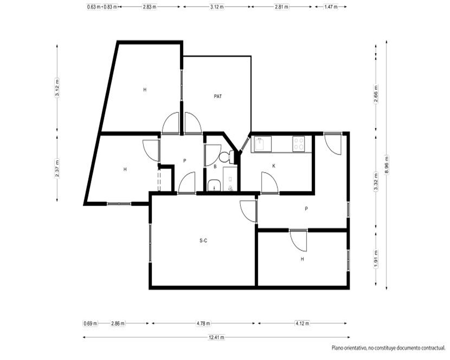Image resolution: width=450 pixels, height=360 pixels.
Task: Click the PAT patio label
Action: pos(218,96)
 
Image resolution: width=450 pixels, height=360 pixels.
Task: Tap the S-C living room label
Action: pos(203,241)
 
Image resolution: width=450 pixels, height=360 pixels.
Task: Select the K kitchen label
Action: pos(274,166)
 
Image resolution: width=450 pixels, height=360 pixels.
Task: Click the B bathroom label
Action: pos(215,166)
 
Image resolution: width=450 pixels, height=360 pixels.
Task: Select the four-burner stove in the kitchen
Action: pos(299,144)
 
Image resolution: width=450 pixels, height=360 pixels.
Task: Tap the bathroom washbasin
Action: pos(214,185)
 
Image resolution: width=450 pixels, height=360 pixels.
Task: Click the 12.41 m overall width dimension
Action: pos(217,337)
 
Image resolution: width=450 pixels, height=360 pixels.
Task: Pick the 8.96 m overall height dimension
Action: pos(387,165)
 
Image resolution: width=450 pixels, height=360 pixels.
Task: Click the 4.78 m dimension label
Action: pos(203,324)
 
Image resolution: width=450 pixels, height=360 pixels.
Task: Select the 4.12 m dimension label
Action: pos(302,324)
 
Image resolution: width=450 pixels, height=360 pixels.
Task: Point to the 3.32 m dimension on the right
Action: pos(376,182)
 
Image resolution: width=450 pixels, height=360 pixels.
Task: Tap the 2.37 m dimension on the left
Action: pos(57,168)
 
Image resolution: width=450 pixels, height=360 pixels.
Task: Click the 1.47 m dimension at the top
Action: pos(331,7)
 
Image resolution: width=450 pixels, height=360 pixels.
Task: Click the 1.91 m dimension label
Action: pos(376,259)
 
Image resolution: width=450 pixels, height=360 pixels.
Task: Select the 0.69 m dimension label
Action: pos(90,324)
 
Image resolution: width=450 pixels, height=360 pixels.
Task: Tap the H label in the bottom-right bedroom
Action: pos(302,259)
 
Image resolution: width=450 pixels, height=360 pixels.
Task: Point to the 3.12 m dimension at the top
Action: pos(217,7)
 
